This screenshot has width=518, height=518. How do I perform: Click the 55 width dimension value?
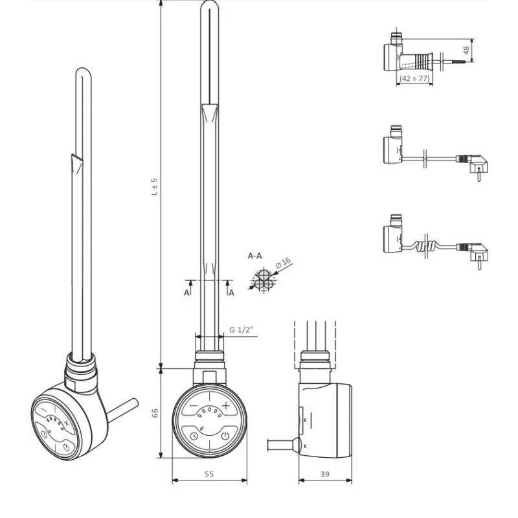point(209,474)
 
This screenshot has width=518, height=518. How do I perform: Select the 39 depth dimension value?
point(324,474)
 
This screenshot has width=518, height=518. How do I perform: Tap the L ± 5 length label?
point(155,188)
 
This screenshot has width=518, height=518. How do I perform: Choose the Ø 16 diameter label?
point(283,264)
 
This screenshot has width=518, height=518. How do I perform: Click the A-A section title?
point(255,256)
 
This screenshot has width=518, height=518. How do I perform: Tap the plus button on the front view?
point(226,405)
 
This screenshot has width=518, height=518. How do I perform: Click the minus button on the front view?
point(193,405)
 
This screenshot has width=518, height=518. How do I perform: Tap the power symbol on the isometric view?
point(67,447)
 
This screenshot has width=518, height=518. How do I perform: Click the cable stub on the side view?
point(282,445)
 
